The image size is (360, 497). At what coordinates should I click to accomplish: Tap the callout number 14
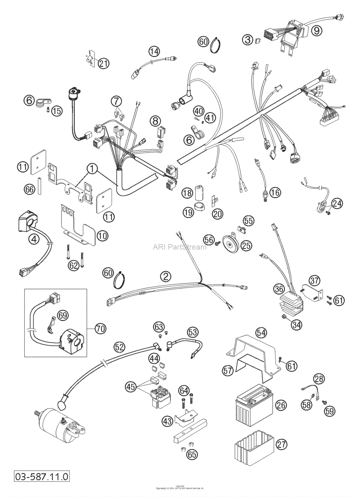[154, 51]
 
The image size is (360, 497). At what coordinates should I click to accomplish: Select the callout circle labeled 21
[104, 63]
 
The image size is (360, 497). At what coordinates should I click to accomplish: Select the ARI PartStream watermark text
[179, 247]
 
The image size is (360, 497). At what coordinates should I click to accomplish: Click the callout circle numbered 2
[166, 276]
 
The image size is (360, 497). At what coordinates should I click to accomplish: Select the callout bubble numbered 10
[103, 236]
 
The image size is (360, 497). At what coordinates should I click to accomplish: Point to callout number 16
[275, 192]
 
